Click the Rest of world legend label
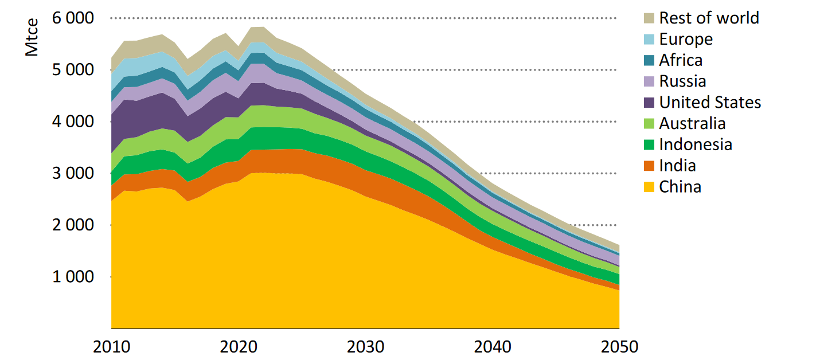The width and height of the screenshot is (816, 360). click(709, 18)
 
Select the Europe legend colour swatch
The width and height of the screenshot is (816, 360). click(649, 39)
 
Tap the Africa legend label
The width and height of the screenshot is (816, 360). click(680, 60)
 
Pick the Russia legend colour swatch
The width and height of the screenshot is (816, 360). click(649, 81)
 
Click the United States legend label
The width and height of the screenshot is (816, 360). click(710, 103)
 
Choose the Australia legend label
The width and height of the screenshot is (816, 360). click(692, 123)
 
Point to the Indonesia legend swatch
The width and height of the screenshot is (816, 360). click(649, 144)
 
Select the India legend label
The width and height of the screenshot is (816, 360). click(677, 166)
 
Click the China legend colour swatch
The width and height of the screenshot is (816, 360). click(649, 187)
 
